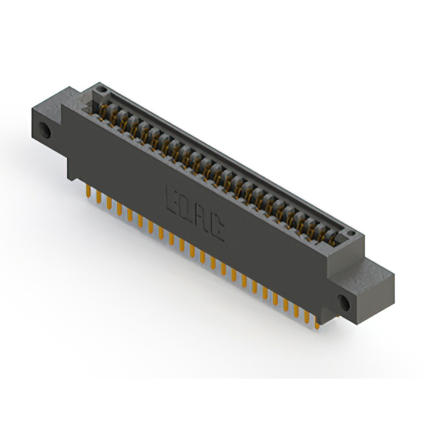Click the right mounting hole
(345, 303)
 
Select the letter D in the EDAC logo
(187, 208)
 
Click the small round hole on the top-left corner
(100, 88)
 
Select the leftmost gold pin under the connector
(88, 191)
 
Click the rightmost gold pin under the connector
(317, 322)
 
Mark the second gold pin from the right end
(307, 317)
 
